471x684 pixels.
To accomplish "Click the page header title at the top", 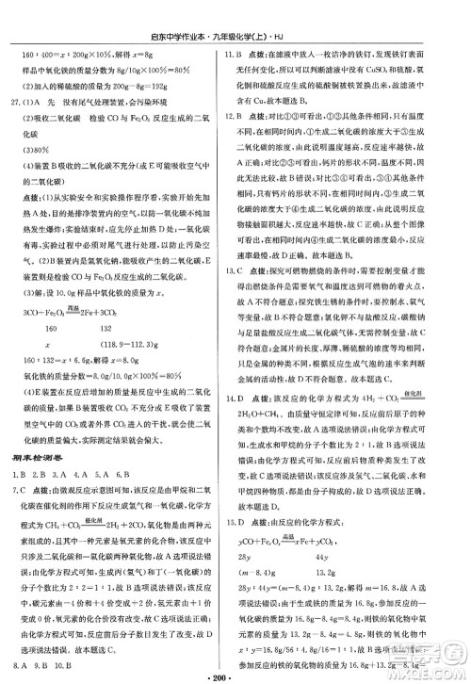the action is tap(236, 11).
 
